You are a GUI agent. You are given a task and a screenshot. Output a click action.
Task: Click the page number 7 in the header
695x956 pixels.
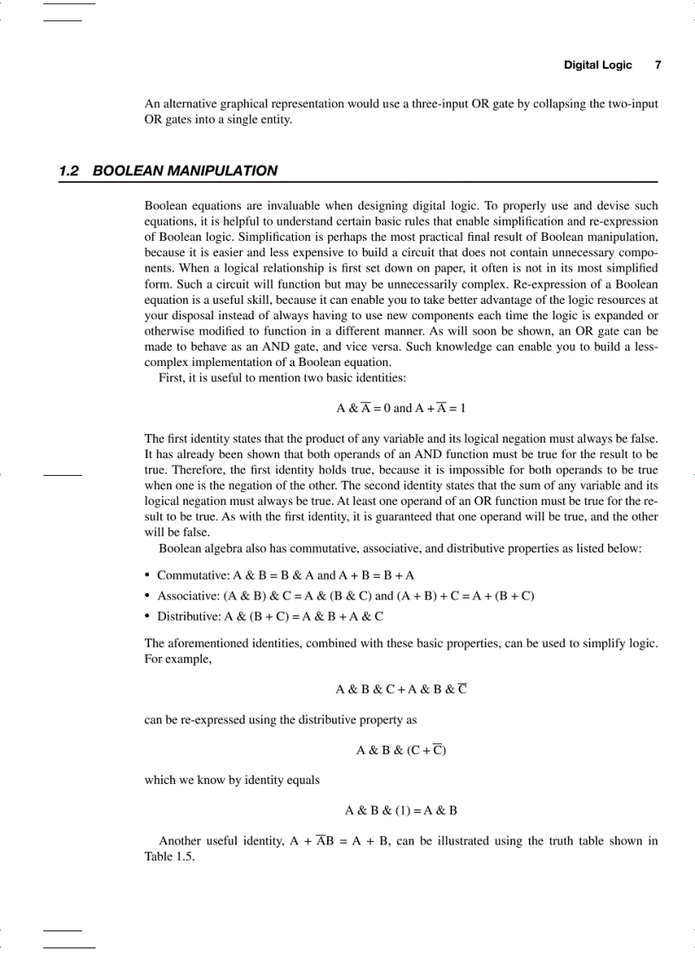pyautogui.click(x=658, y=65)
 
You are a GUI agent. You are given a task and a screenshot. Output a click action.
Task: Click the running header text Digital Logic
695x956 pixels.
pyautogui.click(x=598, y=65)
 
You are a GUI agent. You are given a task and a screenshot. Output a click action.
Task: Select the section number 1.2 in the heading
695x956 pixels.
pyautogui.click(x=69, y=170)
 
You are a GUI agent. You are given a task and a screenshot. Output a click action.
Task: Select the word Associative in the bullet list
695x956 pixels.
pyautogui.click(x=188, y=595)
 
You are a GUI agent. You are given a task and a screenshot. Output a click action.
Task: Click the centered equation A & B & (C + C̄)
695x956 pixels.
pyautogui.click(x=401, y=750)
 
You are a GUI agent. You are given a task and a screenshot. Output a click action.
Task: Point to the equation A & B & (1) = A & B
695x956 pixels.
pyautogui.click(x=401, y=810)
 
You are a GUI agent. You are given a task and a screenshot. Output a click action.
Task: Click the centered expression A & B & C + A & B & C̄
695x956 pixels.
pyautogui.click(x=401, y=689)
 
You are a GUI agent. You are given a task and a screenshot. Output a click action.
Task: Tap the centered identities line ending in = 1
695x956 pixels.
pyautogui.click(x=401, y=408)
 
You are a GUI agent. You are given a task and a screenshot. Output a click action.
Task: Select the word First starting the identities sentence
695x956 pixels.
pyautogui.click(x=171, y=377)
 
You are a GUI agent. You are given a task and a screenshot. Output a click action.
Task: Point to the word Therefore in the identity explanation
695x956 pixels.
pyautogui.click(x=171, y=469)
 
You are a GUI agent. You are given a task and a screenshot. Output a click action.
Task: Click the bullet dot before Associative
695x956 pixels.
pyautogui.click(x=148, y=595)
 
